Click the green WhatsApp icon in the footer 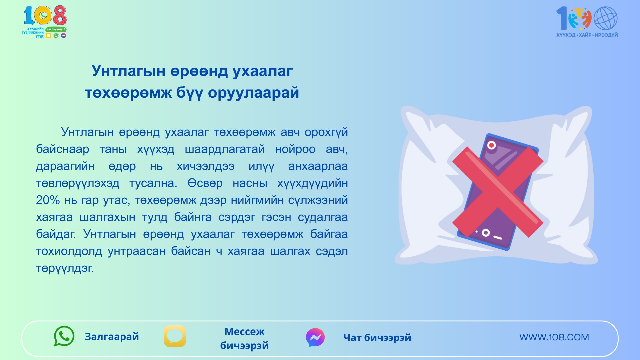click(64, 336)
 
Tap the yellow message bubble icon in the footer click(175, 336)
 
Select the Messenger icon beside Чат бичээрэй click(315, 337)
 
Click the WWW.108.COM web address click(554, 337)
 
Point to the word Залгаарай click(112, 337)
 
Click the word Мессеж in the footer click(244, 331)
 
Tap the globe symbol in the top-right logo click(605, 18)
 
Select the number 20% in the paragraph click(48, 200)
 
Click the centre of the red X click(498, 192)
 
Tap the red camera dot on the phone click(491, 145)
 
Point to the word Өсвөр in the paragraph click(205, 183)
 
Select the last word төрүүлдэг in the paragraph click(65, 268)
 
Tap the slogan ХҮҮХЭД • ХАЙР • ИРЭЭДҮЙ click(587, 35)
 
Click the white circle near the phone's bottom click(486, 233)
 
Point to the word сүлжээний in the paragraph click(318, 200)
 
